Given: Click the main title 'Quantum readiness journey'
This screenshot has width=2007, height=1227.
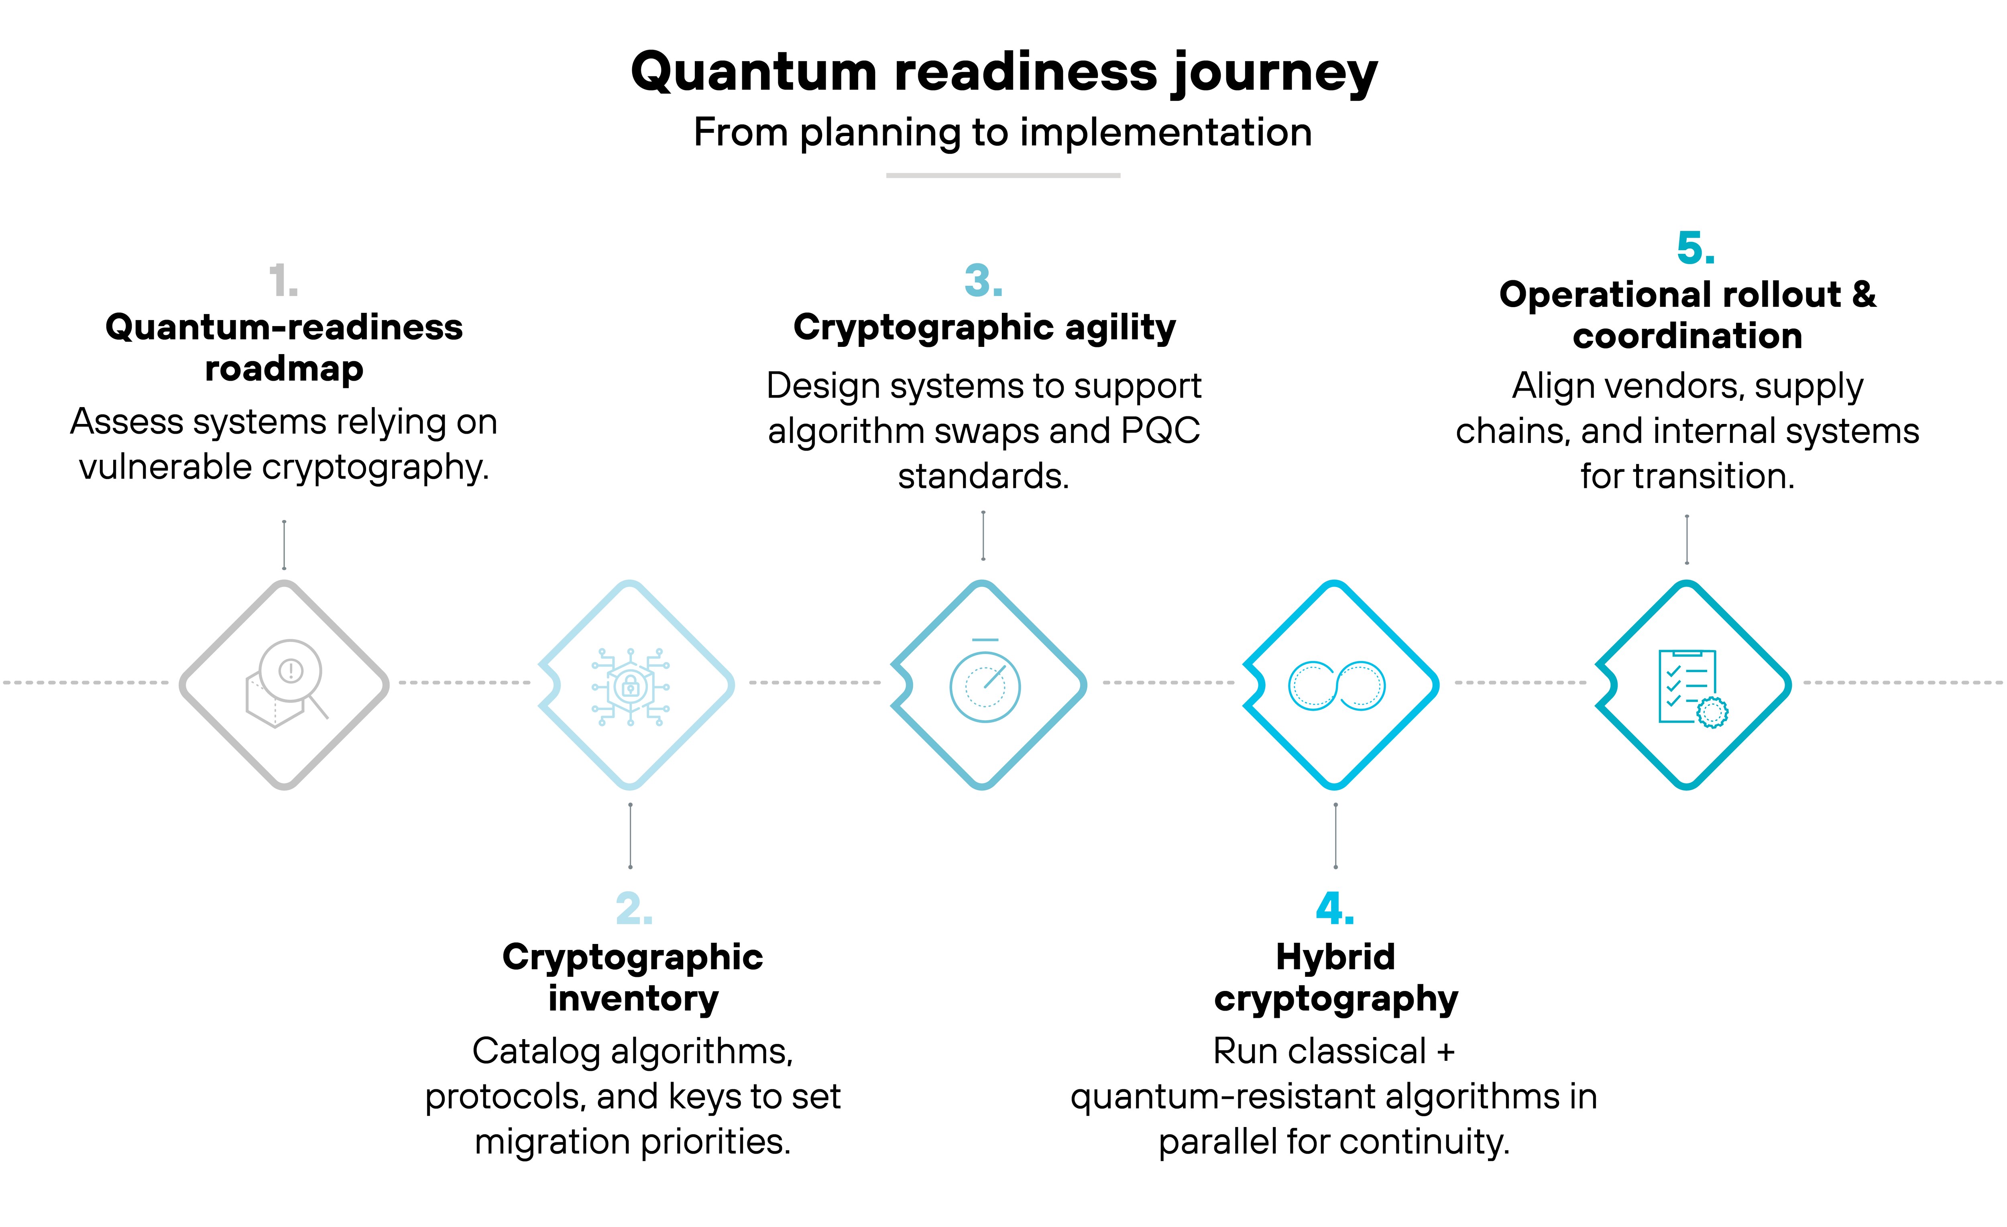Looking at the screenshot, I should (x=1003, y=72).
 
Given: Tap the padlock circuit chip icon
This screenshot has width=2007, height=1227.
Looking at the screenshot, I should (x=631, y=686).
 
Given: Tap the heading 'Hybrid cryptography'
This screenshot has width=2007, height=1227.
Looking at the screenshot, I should (x=1335, y=978).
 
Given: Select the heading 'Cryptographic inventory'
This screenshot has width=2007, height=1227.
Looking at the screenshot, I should (x=633, y=978).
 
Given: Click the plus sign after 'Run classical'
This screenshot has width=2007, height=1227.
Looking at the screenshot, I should (x=1446, y=1052).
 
